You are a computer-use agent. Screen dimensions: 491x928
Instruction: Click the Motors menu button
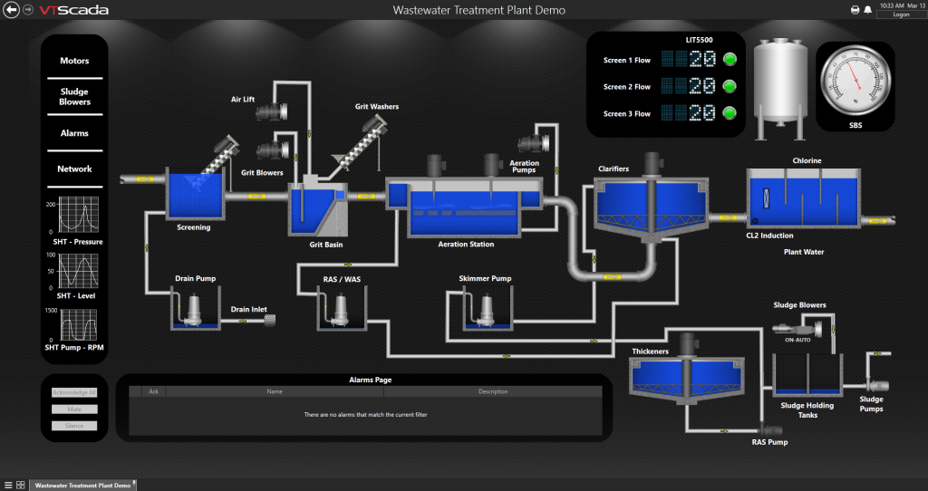(74, 61)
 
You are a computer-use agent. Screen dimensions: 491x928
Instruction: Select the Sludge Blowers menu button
(74, 97)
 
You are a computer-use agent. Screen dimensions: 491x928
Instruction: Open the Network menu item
(74, 168)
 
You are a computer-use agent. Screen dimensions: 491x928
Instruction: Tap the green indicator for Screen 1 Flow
(730, 60)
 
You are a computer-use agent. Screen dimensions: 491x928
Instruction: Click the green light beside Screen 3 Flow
(730, 113)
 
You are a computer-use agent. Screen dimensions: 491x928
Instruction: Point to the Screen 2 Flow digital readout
(689, 87)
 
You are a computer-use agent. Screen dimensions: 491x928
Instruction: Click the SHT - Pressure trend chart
(77, 215)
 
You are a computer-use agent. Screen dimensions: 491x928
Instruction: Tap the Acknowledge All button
(74, 392)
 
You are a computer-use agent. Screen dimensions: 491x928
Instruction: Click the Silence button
(74, 425)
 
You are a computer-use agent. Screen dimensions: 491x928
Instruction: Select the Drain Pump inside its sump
(192, 310)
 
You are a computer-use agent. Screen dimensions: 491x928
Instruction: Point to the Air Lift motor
(270, 112)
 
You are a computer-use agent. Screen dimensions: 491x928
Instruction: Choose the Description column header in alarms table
(493, 391)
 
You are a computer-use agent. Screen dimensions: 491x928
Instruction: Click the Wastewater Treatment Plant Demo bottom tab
(82, 485)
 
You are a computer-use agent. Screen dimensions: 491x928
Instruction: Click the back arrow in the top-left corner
(12, 10)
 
